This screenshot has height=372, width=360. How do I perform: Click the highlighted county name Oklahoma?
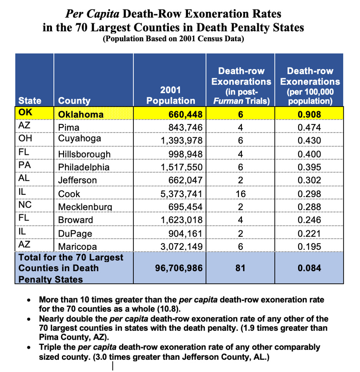click(x=81, y=115)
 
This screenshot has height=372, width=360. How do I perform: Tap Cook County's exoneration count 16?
click(x=240, y=194)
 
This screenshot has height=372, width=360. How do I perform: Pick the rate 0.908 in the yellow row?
click(x=309, y=115)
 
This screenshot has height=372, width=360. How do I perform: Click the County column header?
click(x=74, y=101)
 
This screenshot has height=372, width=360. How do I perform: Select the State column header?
click(x=30, y=101)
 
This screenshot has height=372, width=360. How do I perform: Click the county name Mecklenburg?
click(x=85, y=207)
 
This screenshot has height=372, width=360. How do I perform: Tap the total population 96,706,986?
click(x=178, y=268)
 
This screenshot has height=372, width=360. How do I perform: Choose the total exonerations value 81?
click(x=240, y=268)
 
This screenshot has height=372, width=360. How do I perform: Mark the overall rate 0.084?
click(x=309, y=268)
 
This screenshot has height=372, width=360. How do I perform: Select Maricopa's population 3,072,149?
click(x=182, y=247)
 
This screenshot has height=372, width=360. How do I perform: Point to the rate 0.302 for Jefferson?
click(x=309, y=181)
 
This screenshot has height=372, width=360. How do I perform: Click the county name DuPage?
click(x=75, y=234)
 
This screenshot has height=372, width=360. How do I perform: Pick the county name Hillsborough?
click(x=84, y=154)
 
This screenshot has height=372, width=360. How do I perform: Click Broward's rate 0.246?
click(x=309, y=220)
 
